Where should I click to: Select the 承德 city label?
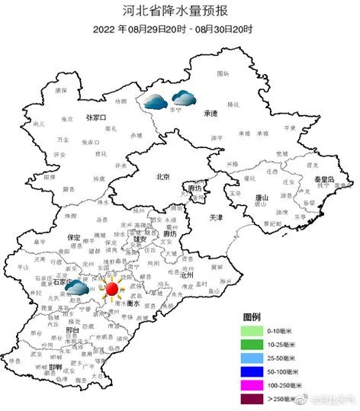(211, 113)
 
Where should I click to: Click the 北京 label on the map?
(162, 177)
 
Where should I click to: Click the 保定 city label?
(74, 238)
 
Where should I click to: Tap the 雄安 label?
(140, 239)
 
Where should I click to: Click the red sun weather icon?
(111, 289)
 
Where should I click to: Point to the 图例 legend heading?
(252, 316)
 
